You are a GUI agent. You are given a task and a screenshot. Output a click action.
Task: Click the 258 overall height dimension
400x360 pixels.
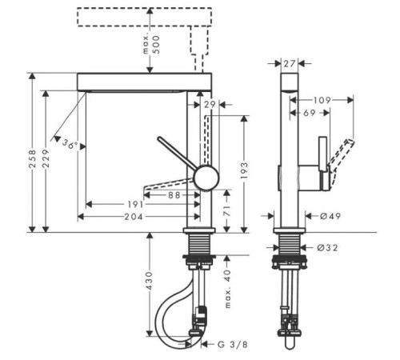32,159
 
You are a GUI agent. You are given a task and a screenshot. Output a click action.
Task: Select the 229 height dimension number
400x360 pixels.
46,158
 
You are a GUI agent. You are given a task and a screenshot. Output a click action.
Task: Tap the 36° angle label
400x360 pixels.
70,144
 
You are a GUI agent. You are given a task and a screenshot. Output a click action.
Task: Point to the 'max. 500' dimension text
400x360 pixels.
152,45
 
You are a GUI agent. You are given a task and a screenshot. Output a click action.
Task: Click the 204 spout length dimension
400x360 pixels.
134,217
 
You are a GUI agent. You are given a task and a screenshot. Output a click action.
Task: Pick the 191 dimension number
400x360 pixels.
135,205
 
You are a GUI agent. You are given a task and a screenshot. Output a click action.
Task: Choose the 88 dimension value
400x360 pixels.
174,195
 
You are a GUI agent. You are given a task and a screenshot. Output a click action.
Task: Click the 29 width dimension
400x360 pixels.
210,105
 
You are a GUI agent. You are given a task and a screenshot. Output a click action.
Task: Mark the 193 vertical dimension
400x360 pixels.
244,170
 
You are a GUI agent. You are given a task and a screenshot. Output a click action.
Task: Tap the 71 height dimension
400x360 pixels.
226,210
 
